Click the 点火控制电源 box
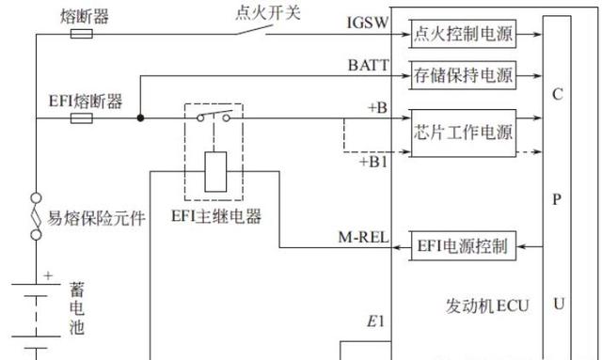tap(463, 34)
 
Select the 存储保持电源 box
tap(463, 75)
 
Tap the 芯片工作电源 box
tap(463, 133)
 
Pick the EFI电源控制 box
tap(463, 246)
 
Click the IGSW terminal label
tap(368, 23)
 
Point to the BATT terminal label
tap(368, 65)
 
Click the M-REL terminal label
tap(363, 237)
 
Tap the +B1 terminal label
tap(373, 162)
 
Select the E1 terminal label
tap(375, 321)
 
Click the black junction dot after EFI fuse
tap(140, 117)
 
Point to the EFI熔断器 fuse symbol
tap(82, 117)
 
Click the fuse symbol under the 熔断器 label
tap(82, 34)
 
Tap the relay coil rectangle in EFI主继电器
tap(215, 172)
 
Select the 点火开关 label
tap(267, 13)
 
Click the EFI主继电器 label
tap(216, 216)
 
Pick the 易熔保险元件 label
tap(96, 218)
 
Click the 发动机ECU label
tap(487, 305)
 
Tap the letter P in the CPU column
tap(557, 199)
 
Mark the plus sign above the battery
tap(48, 275)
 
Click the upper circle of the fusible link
tap(36, 198)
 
